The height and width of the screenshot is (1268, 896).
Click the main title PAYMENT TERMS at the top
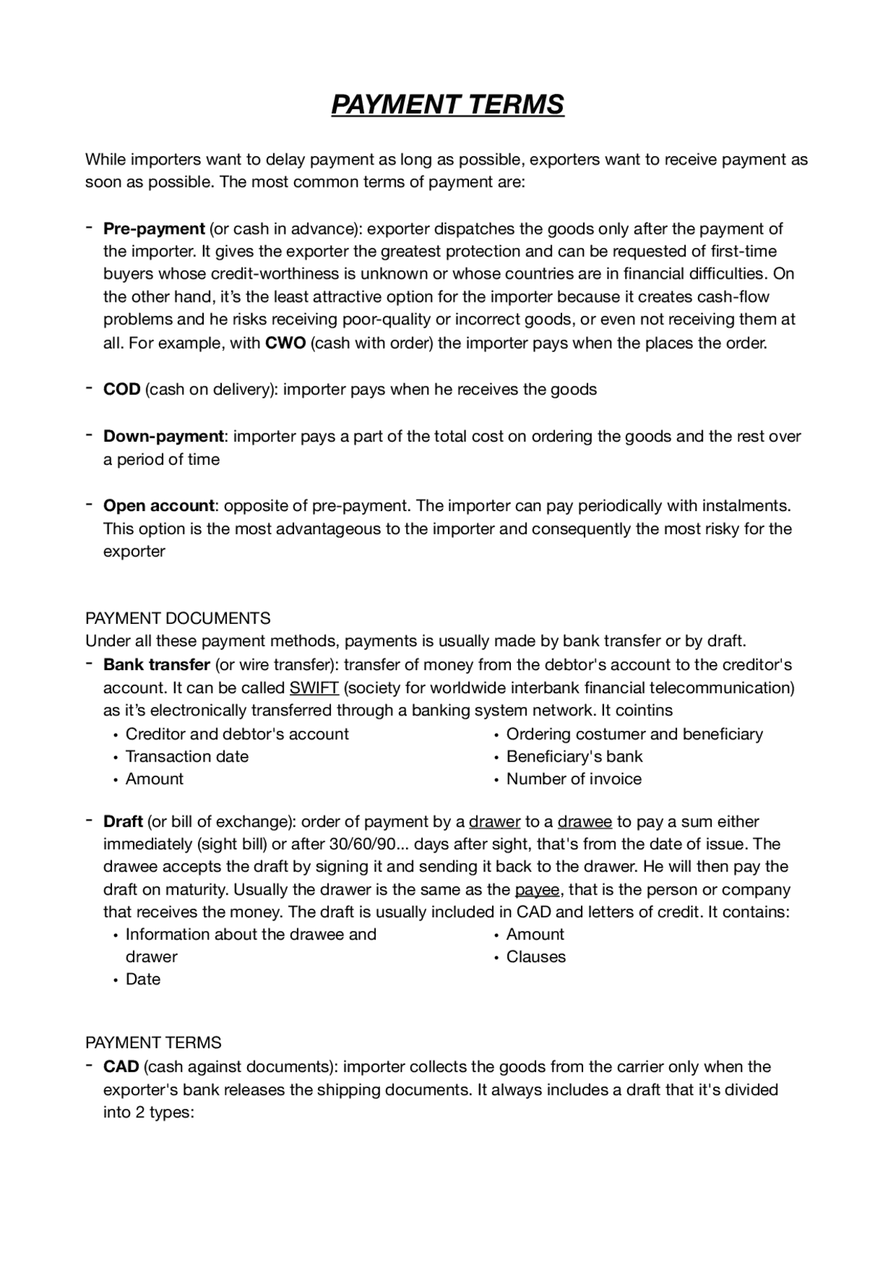(447, 104)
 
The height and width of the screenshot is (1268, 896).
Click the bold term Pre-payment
(153, 229)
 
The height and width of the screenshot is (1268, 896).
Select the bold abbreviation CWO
(286, 344)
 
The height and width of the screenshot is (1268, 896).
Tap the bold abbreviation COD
(122, 389)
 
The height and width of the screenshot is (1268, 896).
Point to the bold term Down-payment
(163, 436)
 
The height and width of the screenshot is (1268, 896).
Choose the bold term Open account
(158, 506)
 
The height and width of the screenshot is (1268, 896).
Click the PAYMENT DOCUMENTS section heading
(178, 618)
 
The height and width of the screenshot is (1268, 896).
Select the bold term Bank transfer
(156, 664)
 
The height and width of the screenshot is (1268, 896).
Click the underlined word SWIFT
(314, 688)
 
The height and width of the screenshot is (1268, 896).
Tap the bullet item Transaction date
(186, 756)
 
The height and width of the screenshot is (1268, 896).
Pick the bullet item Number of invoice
(573, 779)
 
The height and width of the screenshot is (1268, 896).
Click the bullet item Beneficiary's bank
(574, 756)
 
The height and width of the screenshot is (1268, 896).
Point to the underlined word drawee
(584, 821)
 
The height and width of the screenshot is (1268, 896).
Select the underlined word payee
(537, 890)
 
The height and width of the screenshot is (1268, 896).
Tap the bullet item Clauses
(535, 956)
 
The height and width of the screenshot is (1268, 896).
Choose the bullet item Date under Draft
(143, 979)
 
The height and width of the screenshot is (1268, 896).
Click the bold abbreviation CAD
(121, 1067)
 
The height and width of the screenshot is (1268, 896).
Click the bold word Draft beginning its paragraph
(122, 821)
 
